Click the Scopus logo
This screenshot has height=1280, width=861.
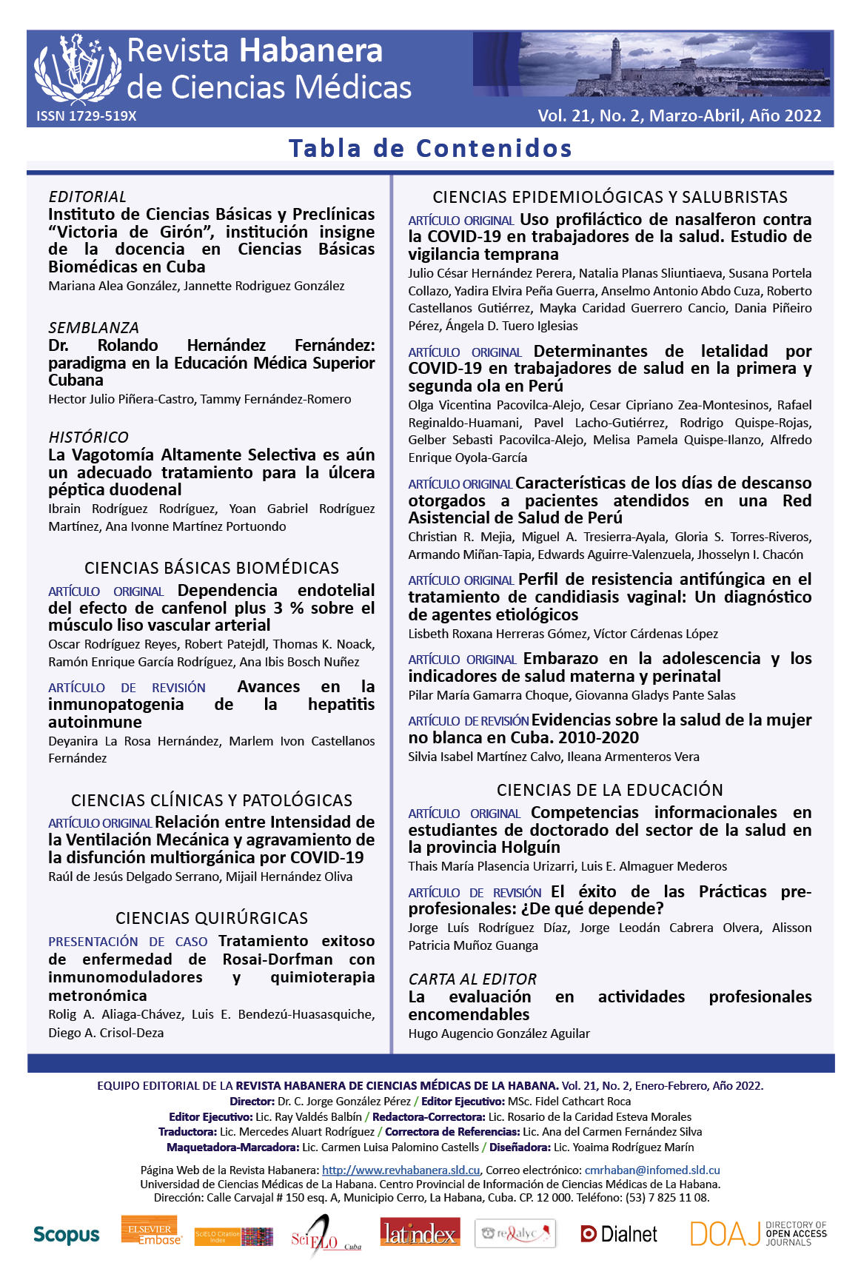coord(66,1235)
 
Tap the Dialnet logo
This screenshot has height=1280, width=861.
coord(619,1234)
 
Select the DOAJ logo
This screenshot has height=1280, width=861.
coord(758,1233)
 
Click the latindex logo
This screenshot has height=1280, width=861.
coord(420,1233)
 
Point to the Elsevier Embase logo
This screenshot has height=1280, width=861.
coord(151,1231)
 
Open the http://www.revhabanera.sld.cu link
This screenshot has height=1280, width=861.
coord(401,1170)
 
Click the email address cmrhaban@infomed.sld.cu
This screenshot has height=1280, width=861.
coord(651,1170)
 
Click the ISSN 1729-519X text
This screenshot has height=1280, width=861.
coord(87,116)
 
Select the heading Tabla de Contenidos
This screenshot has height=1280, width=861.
coord(430,148)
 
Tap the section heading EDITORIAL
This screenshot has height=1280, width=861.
coord(87,197)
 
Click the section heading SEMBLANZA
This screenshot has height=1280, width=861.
coord(93,328)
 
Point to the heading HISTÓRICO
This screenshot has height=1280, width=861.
coord(88,438)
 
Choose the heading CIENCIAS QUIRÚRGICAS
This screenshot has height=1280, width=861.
coord(212,918)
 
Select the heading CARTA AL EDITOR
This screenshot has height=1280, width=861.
coord(472,979)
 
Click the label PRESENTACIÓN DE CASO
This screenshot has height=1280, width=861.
coord(127,942)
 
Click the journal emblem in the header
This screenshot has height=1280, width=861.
coord(77,69)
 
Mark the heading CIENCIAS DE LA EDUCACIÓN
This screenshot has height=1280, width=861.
coord(609,790)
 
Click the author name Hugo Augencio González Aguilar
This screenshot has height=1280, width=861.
coord(499,1033)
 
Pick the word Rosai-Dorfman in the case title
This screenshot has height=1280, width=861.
coord(278,959)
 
